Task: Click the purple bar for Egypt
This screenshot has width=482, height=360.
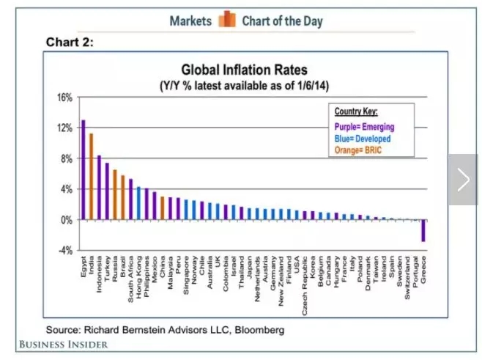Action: pos(84,169)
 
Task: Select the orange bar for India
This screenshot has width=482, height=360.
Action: pos(92,176)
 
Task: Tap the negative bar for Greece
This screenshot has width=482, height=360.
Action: pos(423,230)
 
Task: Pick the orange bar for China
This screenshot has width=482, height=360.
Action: pos(163,208)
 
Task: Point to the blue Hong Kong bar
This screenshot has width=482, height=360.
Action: pos(138,203)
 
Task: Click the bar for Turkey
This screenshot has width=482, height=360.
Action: pos(107,191)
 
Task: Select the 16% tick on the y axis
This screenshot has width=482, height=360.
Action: pos(65,98)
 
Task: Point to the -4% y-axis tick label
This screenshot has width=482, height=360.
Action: pos(65,251)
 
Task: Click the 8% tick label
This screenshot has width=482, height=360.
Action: pos(67,159)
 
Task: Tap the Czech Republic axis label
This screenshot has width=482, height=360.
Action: pos(305,286)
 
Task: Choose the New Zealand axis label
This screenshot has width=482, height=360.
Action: pos(281,282)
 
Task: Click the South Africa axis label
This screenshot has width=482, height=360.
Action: pos(130,279)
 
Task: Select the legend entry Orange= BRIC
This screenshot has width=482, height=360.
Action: pos(357,150)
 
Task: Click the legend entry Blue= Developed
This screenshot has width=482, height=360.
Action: pos(363,139)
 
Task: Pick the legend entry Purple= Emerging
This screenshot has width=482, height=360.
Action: pos(364,127)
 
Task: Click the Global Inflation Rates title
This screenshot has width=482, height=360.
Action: pos(245,70)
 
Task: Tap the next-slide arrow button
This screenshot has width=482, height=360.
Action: pos(463,180)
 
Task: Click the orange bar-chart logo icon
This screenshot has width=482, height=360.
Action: pos(227,19)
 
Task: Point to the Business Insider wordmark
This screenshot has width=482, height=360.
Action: pos(64,345)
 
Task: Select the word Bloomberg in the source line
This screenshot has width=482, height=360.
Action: pos(259,330)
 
